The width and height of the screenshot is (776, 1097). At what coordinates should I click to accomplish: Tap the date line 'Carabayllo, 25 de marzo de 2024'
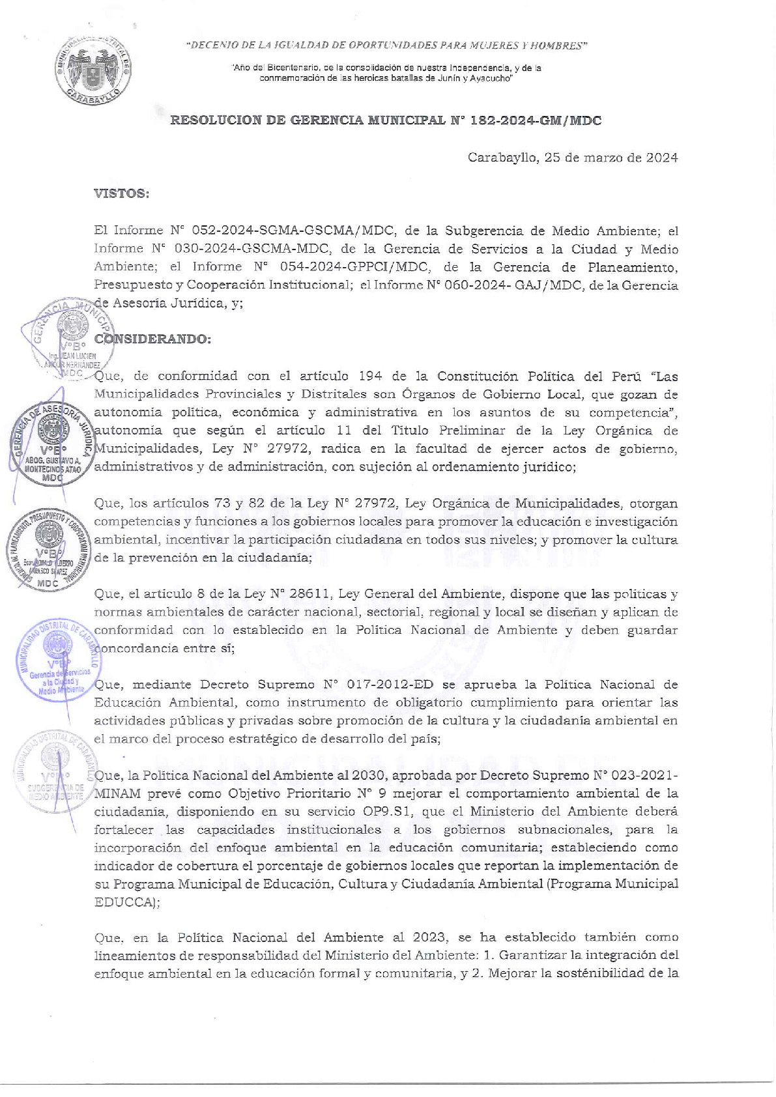click(x=572, y=158)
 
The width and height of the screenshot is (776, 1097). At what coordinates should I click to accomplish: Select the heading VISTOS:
click(x=122, y=193)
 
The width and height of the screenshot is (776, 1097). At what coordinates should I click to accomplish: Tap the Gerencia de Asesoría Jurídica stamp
click(x=53, y=443)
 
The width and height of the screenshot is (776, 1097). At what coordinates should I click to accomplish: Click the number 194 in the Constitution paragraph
click(x=371, y=376)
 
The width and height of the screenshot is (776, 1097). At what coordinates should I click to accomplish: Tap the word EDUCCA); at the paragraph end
click(x=127, y=903)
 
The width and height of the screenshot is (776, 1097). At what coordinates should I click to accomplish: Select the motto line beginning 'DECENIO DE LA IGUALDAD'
click(x=386, y=46)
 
